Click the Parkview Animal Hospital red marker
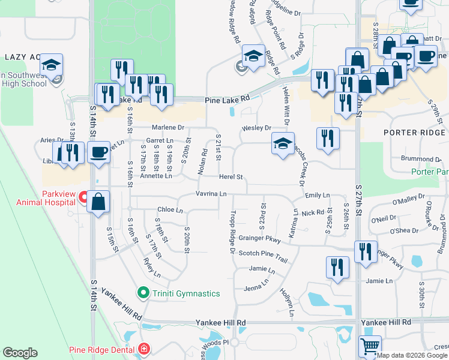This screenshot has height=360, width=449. pos(85,197)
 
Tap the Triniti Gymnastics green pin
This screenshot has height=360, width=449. pos(143,293)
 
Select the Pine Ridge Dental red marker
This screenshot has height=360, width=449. pos(143,349)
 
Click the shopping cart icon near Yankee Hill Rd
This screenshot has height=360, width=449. pos(370,346)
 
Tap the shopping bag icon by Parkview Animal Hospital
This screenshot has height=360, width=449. pos(98,203)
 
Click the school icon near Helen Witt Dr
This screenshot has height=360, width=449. pos(283,144)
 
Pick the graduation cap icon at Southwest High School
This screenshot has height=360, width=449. pos(52,65)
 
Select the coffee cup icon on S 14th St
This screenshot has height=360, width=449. pos(98,152)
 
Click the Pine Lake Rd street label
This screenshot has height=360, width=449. pos(227,100)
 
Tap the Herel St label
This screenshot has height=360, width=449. pos(231,177)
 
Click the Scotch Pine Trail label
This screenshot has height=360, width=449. pos(263,253)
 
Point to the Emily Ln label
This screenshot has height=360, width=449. pos(318,195)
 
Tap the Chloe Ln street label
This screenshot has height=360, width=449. pos(170,210)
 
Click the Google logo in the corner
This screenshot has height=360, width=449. pos(20,353)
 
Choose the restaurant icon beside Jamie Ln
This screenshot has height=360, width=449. pos(337,267)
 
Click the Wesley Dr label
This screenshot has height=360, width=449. pos(256,128)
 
